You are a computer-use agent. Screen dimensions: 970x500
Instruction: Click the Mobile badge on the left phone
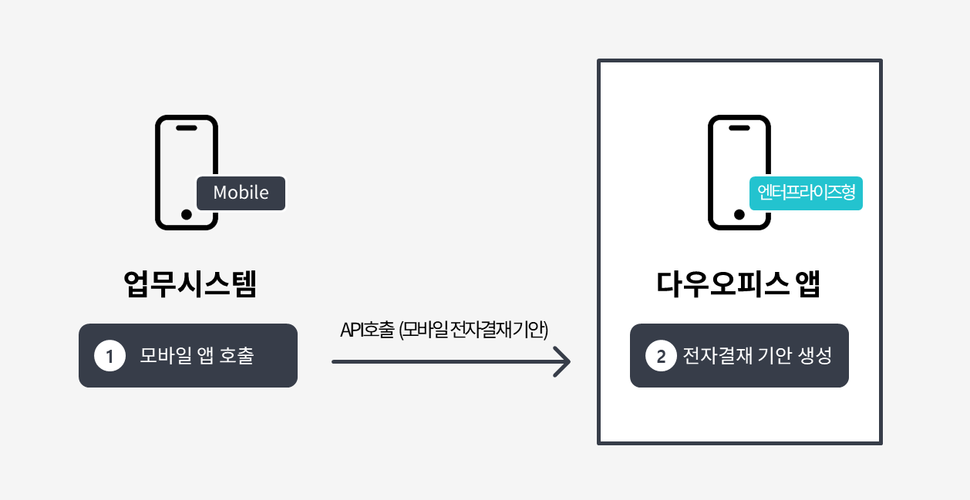241,193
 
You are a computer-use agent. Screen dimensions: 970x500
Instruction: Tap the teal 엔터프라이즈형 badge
806,193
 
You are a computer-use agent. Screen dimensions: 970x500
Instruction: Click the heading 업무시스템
190,284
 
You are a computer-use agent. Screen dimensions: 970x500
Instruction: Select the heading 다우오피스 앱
739,284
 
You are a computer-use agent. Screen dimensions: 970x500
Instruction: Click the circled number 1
110,355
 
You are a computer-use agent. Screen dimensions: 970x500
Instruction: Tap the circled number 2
661,355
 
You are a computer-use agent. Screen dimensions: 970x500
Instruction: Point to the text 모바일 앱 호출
197,355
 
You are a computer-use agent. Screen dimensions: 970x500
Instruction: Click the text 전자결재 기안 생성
757,355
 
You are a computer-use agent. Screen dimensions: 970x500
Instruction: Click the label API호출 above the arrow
368,330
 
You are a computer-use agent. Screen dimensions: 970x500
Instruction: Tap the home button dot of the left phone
187,214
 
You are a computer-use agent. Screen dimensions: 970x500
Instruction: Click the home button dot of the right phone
739,214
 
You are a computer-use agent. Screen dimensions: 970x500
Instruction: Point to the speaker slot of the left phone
187,128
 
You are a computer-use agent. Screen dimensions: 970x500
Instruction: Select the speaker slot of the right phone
739,128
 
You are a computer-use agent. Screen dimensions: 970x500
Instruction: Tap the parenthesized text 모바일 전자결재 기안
473,330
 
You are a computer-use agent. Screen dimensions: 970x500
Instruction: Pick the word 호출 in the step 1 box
237,355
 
